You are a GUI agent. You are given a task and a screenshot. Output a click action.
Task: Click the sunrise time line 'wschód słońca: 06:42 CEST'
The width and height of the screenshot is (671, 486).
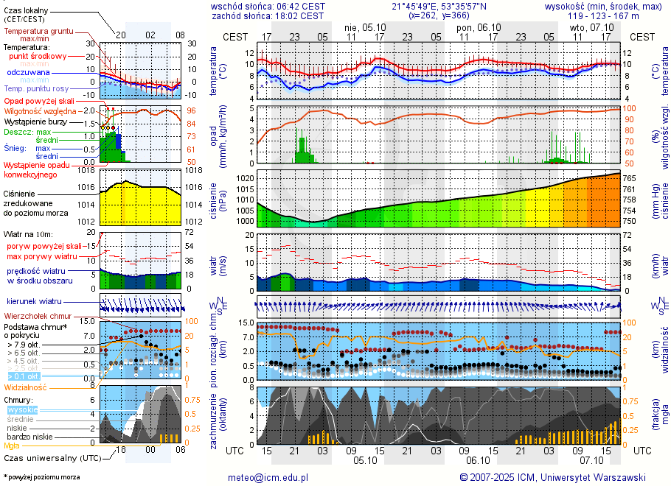pos(268,6)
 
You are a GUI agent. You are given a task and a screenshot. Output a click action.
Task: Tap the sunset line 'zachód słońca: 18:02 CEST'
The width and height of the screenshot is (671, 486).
pos(268,15)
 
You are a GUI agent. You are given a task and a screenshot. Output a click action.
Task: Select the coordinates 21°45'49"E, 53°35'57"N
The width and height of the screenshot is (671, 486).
pos(439,6)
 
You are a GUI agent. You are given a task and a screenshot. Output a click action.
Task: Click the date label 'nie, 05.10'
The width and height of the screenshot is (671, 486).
pos(360,27)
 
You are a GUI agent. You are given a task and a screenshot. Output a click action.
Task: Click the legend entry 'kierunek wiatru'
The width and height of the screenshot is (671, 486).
pos(35,302)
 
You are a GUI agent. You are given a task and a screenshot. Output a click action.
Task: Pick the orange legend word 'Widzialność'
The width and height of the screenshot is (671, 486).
pos(26,387)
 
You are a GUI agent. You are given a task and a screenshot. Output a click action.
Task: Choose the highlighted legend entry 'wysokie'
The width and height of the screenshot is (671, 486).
pos(22,409)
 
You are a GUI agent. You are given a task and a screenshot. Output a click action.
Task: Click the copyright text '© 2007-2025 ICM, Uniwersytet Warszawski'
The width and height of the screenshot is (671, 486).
pos(552,477)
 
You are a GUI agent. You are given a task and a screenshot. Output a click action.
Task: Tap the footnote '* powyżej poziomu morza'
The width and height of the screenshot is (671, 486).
pos(41,477)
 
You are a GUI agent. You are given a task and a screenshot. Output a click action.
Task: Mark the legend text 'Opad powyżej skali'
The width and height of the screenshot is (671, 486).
pos(38,100)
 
